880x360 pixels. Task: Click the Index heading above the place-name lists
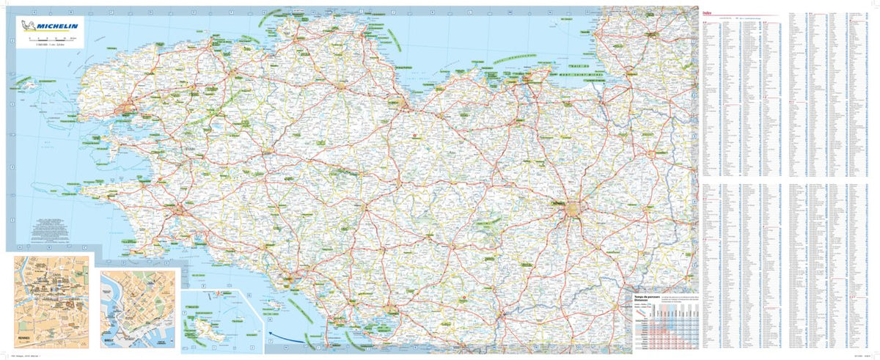(708, 12)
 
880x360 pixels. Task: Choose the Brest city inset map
(139, 308)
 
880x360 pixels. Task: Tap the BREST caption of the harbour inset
(109, 341)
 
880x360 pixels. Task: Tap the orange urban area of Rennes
(576, 212)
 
